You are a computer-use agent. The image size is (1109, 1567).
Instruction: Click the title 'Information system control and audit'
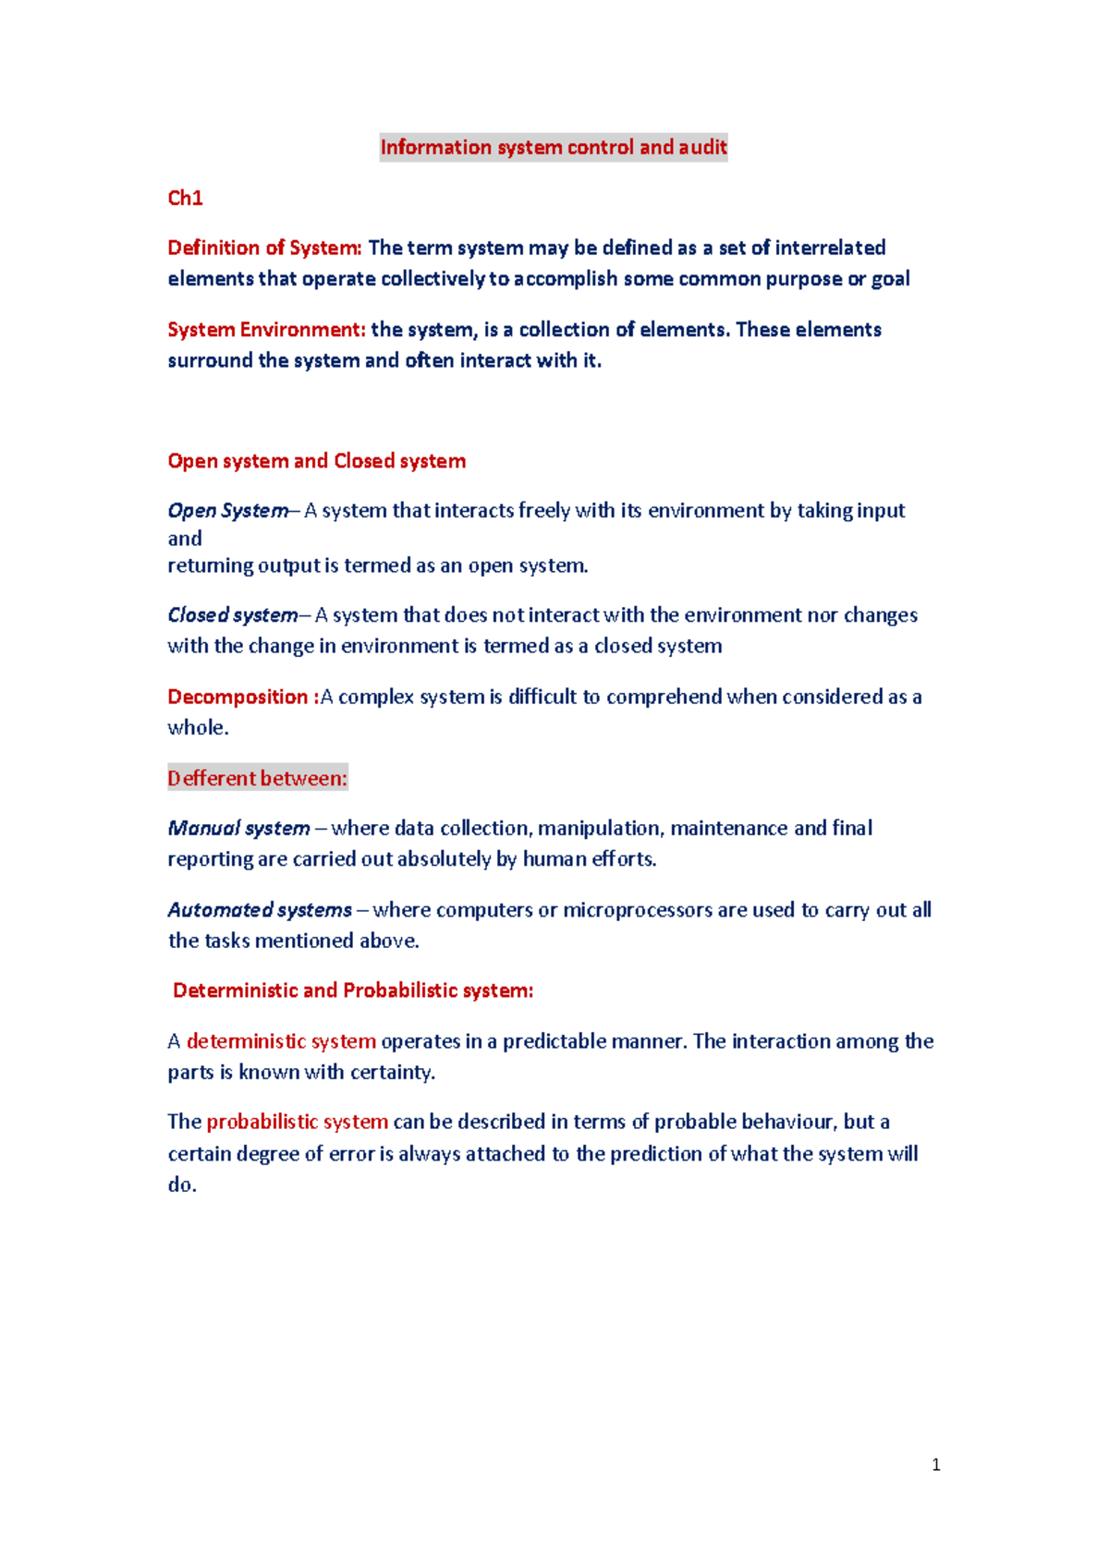coord(554,148)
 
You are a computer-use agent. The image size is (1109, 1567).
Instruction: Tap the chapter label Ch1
coord(185,198)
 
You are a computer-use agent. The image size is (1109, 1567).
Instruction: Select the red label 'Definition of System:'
coord(264,248)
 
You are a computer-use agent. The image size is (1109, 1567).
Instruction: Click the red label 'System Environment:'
coord(266,330)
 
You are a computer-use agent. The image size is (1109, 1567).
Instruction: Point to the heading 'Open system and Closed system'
coord(316,461)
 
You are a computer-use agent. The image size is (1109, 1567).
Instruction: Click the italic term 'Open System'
coord(227,511)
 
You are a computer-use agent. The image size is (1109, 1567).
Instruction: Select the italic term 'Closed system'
coord(232,615)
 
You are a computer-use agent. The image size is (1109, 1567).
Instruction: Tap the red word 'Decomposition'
coord(238,697)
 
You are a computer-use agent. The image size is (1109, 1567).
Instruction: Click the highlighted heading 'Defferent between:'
coord(257,779)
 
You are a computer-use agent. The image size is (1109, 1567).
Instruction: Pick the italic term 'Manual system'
coord(238,829)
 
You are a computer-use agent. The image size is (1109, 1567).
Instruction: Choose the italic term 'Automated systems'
coord(260,910)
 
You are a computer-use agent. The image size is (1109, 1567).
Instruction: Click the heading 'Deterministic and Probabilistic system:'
coord(353,990)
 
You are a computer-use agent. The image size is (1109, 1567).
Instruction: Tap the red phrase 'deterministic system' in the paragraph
coord(281,1041)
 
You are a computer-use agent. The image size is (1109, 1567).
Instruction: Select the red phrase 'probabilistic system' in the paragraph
coord(297,1122)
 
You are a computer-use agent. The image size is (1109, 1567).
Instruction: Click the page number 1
coord(936,1464)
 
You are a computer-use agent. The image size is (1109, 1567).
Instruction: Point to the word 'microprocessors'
coord(638,910)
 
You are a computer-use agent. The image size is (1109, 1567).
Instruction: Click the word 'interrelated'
coord(830,248)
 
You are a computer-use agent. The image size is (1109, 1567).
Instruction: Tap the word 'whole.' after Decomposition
coord(198,728)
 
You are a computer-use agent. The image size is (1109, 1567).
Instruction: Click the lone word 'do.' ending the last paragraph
coord(182,1185)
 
